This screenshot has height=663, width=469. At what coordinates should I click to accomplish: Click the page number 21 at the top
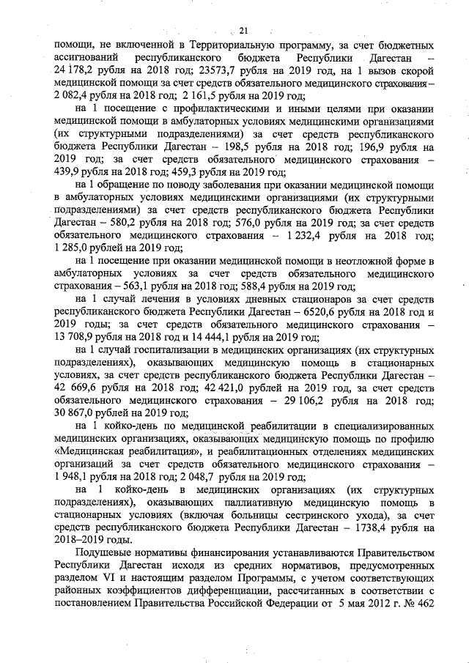click(244, 29)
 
